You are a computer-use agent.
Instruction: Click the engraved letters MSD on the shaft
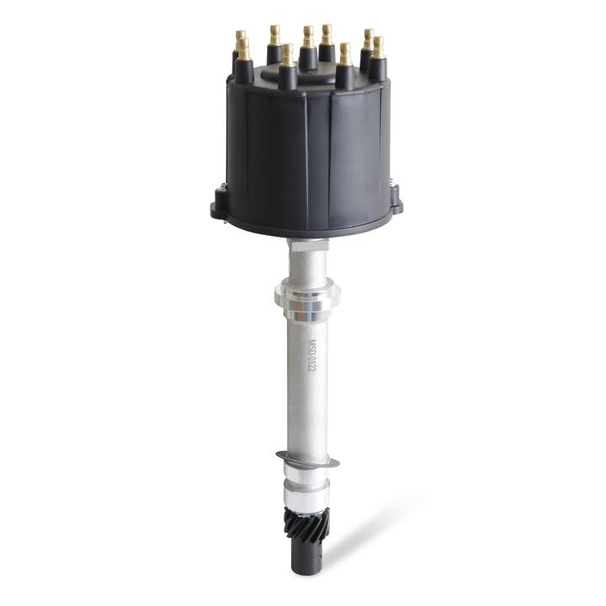[x=311, y=347]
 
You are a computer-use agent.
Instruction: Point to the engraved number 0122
[x=310, y=369]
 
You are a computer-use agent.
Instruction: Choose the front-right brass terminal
[x=345, y=54]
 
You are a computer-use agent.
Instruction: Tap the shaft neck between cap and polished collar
[x=304, y=257]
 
